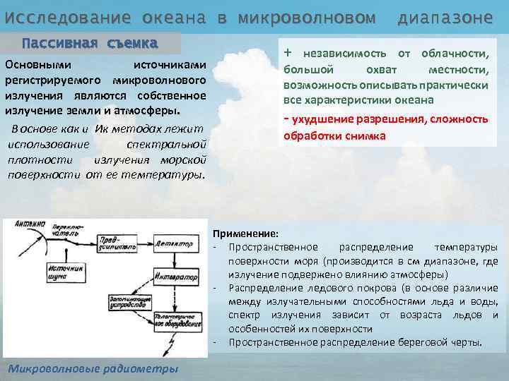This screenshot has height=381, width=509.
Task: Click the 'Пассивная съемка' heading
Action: (90, 42)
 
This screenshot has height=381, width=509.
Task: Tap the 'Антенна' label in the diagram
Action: (21, 224)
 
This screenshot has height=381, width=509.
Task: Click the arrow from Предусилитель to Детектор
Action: (145, 244)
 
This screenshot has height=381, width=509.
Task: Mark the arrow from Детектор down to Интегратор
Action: (172, 259)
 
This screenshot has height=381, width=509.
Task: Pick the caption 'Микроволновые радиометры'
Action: (93, 370)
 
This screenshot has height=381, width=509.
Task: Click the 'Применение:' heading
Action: (245, 234)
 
